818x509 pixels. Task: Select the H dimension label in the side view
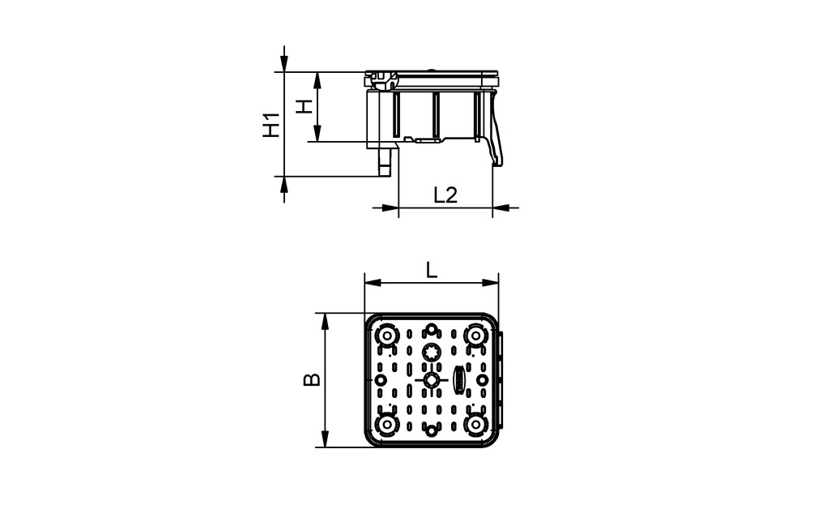tap(303, 106)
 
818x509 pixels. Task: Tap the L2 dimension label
tap(445, 195)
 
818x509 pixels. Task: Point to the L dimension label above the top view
tap(432, 271)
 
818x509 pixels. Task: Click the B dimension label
tap(312, 379)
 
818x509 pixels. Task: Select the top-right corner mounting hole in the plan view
tap(475, 336)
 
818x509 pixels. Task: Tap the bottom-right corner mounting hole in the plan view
tap(475, 424)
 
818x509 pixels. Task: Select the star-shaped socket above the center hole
tap(432, 352)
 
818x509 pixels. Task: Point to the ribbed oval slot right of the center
tap(459, 379)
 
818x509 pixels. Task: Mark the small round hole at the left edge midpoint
tap(381, 379)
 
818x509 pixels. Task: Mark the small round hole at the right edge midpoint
tap(483, 379)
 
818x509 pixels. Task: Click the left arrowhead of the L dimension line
tap(371, 283)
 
